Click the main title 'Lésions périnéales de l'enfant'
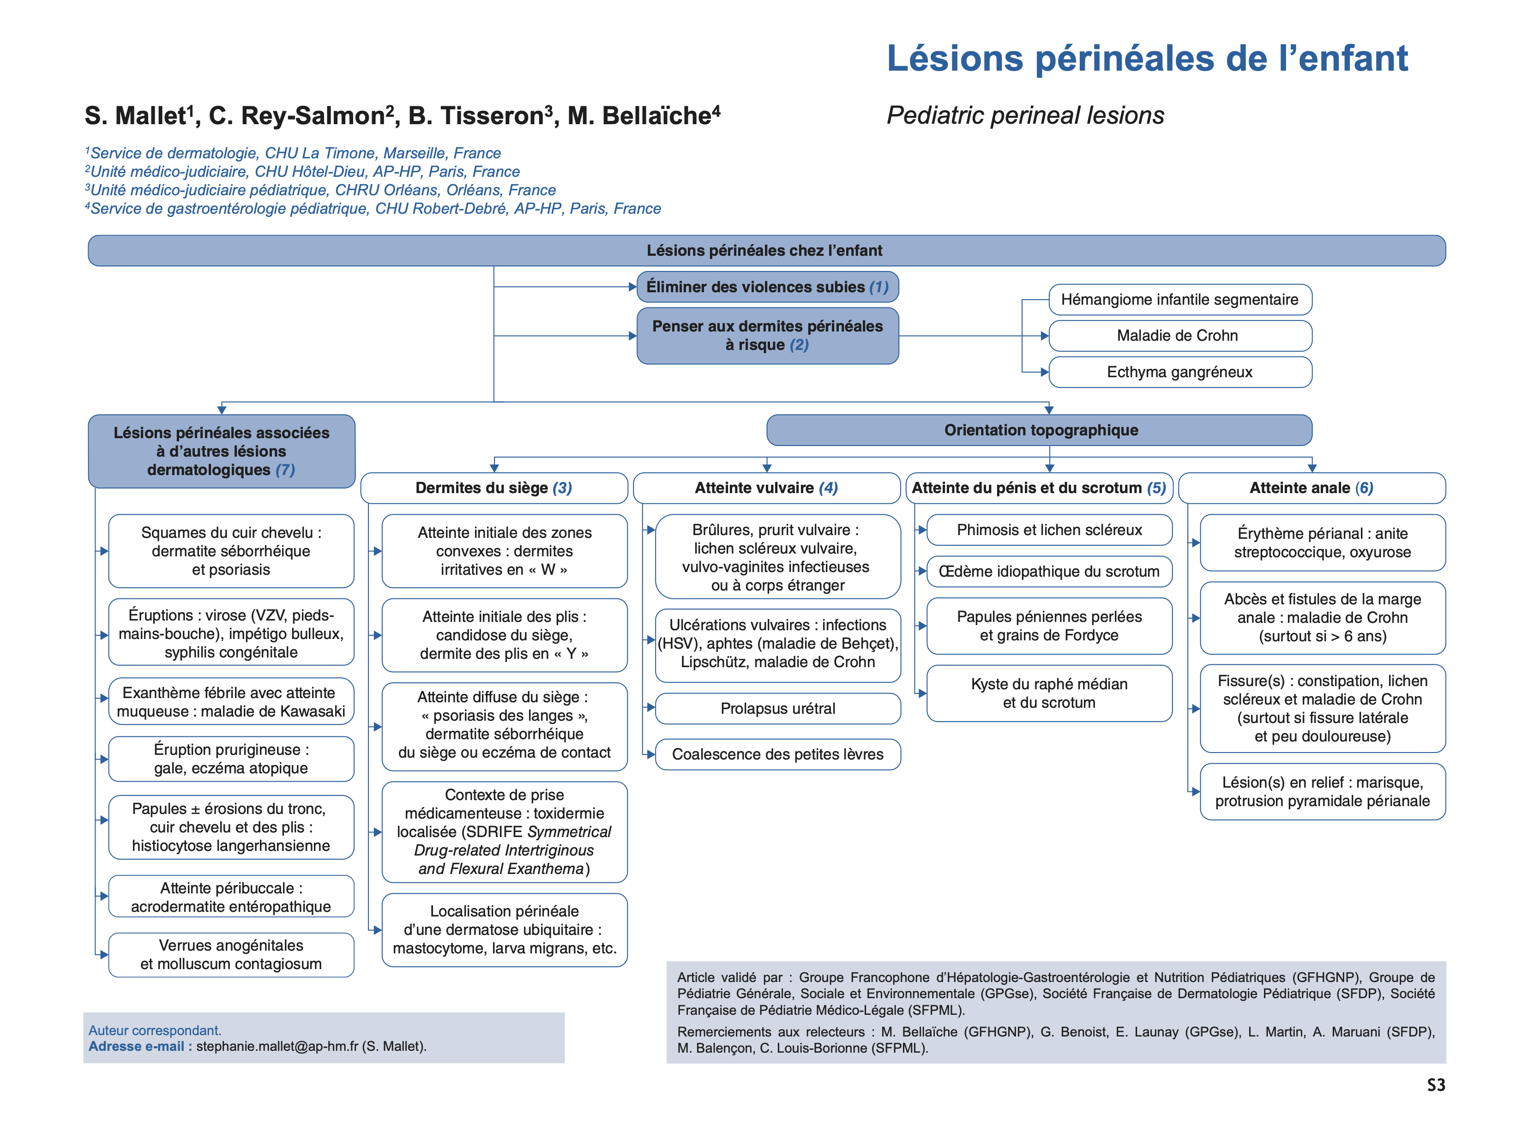[x=1147, y=58]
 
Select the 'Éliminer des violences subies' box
[x=767, y=287]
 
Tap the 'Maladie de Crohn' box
[x=1179, y=336]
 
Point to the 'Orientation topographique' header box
[x=1040, y=430]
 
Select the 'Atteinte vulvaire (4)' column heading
[x=766, y=488]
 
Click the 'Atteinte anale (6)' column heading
[x=1311, y=488]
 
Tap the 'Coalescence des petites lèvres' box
[x=778, y=754]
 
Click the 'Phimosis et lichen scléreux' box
[x=1049, y=530]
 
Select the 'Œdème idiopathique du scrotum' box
[x=1049, y=572]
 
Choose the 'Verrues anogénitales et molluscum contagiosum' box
[x=231, y=955]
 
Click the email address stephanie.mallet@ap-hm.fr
[x=277, y=1046]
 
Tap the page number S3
[x=1435, y=1085]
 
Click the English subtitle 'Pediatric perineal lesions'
[x=1025, y=115]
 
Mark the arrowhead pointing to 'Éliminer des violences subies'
[x=632, y=287]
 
